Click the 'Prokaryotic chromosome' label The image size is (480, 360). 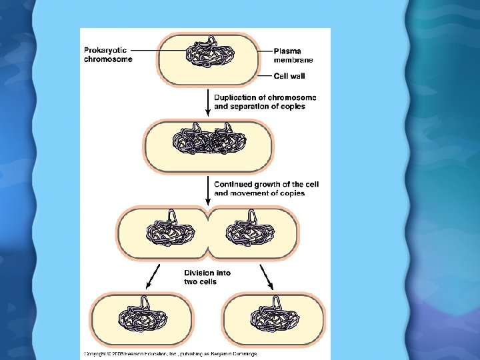pyautogui.click(x=108, y=55)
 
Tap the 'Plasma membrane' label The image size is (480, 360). pyautogui.click(x=294, y=55)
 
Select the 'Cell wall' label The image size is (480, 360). pyautogui.click(x=290, y=76)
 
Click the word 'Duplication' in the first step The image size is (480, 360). pyautogui.click(x=233, y=98)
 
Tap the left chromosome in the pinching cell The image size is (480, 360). pyautogui.click(x=170, y=230)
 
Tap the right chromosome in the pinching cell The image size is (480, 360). pyautogui.click(x=250, y=230)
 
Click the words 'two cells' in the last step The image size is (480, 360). pyautogui.click(x=200, y=282)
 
